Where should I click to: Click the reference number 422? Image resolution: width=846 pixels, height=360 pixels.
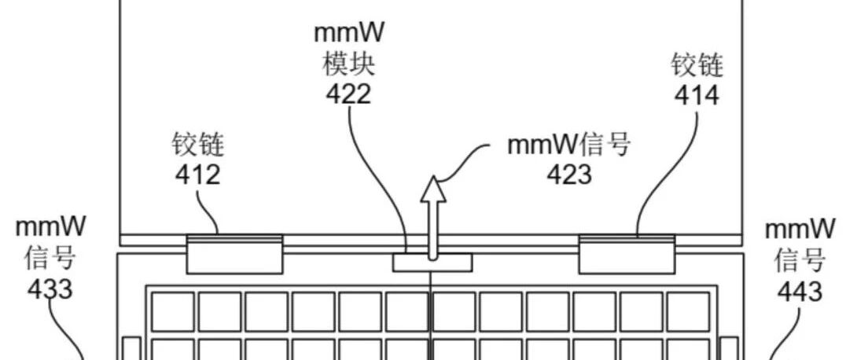[x=349, y=94]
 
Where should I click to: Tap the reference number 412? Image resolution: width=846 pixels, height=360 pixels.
[x=198, y=174]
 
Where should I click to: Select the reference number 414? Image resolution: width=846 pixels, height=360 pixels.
[x=697, y=95]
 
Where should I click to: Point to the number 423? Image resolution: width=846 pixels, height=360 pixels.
[x=569, y=174]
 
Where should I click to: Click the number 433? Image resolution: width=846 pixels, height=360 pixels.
[x=50, y=289]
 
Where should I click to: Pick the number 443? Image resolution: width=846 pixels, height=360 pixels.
[x=800, y=291]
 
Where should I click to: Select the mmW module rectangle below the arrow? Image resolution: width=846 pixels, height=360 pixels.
[x=432, y=263]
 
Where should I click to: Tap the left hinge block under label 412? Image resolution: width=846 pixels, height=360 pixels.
[x=235, y=254]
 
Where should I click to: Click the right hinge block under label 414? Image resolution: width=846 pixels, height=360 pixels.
[x=627, y=254]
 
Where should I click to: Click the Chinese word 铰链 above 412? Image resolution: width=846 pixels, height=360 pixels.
[x=198, y=145]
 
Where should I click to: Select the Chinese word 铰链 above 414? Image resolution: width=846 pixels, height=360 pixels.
[x=697, y=65]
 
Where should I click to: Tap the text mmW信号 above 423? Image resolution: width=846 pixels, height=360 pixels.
[x=569, y=145]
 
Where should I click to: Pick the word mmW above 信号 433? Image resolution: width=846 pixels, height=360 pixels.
[x=50, y=227]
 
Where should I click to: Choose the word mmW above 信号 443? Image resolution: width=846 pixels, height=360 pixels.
[x=800, y=230]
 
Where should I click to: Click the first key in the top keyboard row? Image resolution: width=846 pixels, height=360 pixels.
[x=173, y=311]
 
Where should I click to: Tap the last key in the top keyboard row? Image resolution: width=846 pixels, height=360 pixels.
[x=688, y=311]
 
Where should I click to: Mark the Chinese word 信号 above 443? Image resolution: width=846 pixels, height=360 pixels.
[x=800, y=261]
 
